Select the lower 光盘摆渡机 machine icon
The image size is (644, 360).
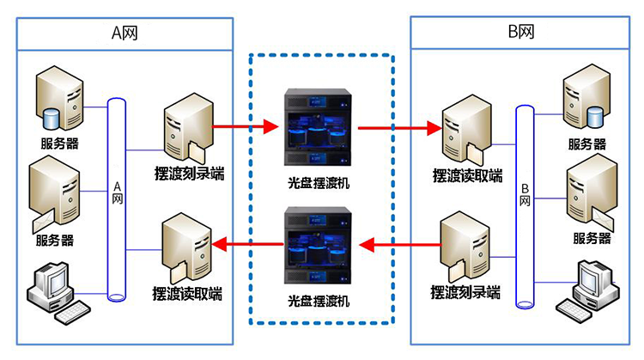click(x=319, y=247)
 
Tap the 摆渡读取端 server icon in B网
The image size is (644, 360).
click(x=464, y=131)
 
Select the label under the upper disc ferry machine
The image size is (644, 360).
click(x=319, y=182)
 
